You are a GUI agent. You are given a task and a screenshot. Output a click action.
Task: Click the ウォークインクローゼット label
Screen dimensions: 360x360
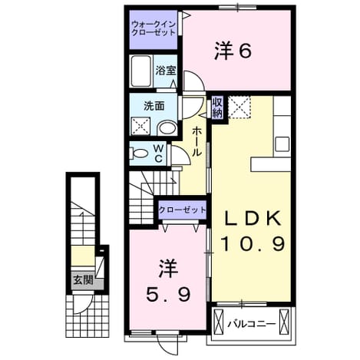pos(154,28)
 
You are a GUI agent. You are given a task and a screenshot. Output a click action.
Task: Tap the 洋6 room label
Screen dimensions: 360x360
pos(233,51)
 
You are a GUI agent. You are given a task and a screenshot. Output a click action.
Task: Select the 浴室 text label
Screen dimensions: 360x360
pos(166,71)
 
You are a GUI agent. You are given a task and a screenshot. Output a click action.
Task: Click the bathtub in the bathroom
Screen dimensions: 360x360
pos(140,71)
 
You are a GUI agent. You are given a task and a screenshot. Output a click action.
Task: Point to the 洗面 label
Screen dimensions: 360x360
pos(154,106)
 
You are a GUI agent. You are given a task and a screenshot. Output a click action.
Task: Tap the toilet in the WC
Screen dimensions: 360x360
pos(139,154)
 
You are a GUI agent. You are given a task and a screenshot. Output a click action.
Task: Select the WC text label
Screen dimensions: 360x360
pos(159,154)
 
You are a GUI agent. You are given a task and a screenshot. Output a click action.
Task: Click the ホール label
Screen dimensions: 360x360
pos(197,141)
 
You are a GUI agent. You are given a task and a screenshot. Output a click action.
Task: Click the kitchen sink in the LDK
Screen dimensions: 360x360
pos(282,144)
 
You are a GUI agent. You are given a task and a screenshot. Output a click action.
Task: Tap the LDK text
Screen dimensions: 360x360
pos(253,218)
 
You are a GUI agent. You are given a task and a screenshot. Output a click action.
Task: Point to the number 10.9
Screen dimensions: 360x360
pos(253,243)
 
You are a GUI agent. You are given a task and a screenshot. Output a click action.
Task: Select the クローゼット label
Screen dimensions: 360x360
pos(182,210)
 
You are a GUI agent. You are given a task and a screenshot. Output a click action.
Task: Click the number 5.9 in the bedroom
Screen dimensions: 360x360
pos(168,295)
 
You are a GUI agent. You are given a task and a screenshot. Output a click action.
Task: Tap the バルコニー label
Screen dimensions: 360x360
pos(252,324)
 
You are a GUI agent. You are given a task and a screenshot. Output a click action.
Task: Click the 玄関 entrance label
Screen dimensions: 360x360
pos(83,280)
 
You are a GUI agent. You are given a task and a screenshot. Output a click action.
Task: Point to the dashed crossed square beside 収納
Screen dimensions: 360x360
pos(239,107)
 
